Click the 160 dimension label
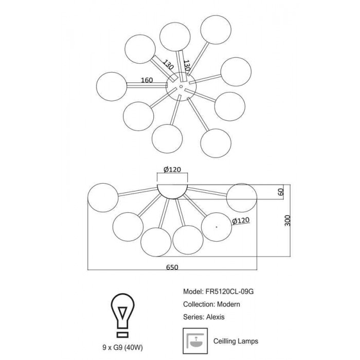click(x=147, y=80)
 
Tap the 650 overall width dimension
click(x=172, y=267)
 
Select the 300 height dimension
click(x=287, y=221)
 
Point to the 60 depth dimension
click(x=281, y=192)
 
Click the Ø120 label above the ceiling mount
click(x=172, y=169)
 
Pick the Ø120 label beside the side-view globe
click(x=241, y=221)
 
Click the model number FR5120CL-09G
click(x=229, y=292)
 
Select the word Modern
click(x=228, y=304)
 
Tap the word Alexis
click(x=215, y=317)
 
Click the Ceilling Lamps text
click(x=236, y=341)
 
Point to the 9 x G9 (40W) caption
click(x=122, y=348)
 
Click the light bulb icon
click(x=122, y=315)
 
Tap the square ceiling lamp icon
click(x=195, y=341)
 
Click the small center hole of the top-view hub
click(x=181, y=86)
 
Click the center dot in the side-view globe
click(x=217, y=227)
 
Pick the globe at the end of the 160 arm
click(x=112, y=86)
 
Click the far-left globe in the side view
click(x=103, y=197)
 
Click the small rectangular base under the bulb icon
click(x=122, y=334)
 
